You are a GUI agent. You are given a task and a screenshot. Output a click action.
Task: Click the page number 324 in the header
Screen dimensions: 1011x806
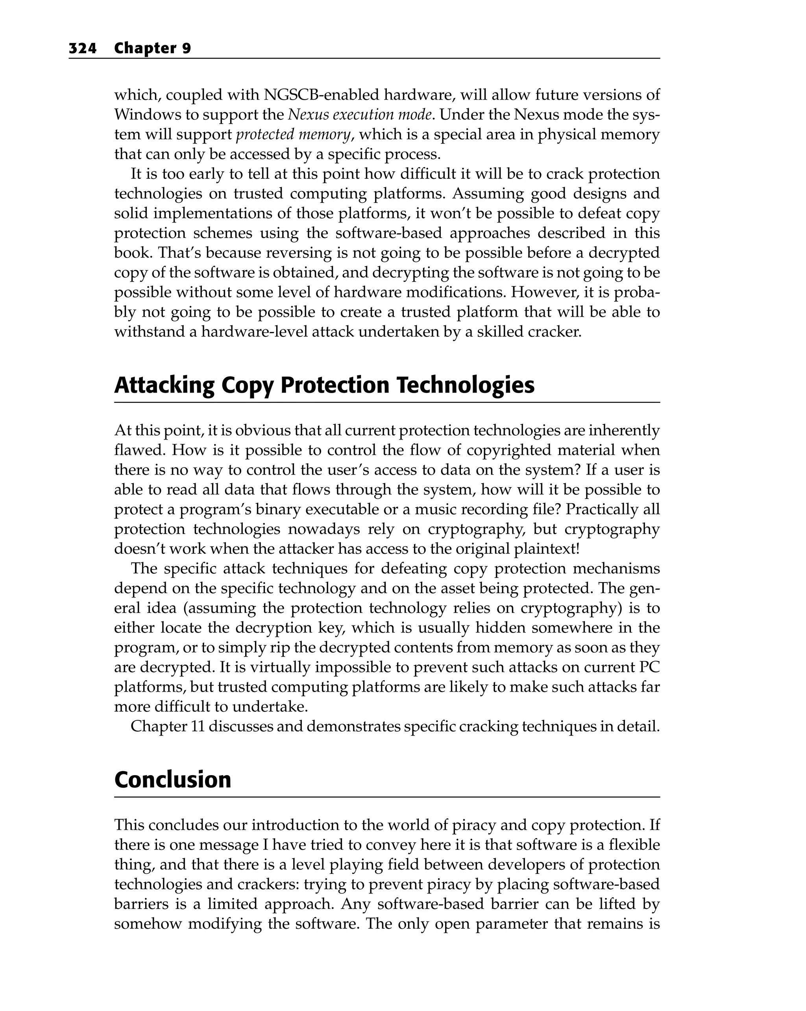83,48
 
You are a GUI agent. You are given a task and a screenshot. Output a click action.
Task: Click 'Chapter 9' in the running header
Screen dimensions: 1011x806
152,48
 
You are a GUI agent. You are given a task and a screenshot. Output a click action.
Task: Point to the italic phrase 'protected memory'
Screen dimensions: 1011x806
293,135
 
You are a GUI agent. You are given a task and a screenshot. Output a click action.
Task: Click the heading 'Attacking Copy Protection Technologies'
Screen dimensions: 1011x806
324,385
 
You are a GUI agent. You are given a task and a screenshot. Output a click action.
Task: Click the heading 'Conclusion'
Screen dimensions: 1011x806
172,780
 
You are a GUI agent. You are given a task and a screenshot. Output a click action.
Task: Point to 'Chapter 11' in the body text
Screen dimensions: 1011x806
167,726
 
